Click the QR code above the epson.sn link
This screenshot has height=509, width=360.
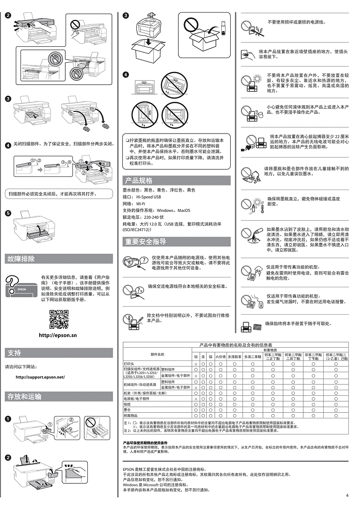(59, 319)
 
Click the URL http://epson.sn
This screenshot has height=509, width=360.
(58, 335)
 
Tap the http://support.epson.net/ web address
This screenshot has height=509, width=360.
(40, 377)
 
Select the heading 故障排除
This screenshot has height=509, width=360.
(21, 259)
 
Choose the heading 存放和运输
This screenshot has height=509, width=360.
(24, 396)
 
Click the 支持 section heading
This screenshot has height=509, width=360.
(14, 353)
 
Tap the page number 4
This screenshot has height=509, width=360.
(347, 495)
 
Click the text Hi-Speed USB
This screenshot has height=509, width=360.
(149, 197)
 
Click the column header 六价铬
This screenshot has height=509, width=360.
(221, 357)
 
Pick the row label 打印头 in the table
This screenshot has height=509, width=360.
(129, 364)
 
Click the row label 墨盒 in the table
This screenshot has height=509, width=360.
(127, 410)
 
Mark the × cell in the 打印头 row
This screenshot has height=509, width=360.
(196, 364)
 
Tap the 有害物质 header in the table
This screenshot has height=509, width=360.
(270, 350)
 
